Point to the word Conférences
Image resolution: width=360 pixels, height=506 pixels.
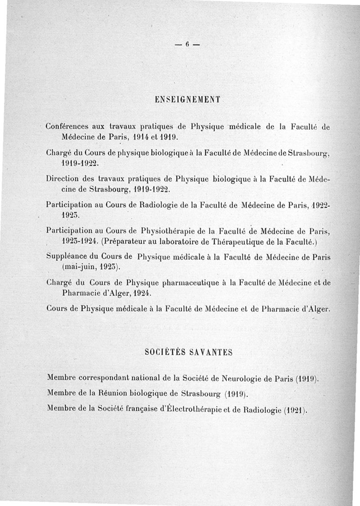click(x=67, y=127)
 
